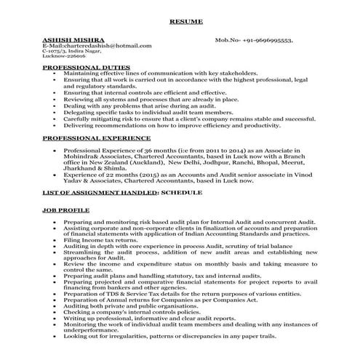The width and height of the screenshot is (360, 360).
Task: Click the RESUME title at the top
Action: click(x=180, y=22)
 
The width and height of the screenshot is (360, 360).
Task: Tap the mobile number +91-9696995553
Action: click(x=265, y=41)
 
